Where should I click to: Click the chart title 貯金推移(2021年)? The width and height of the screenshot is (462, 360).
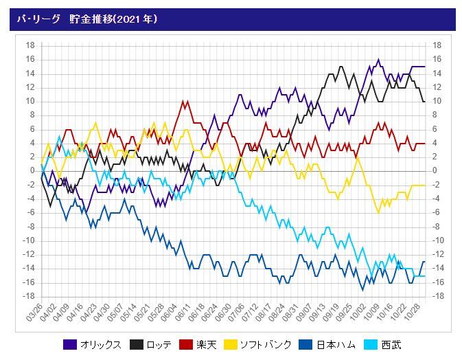pyautogui.click(x=113, y=19)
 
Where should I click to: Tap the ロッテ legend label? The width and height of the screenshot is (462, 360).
pyautogui.click(x=159, y=344)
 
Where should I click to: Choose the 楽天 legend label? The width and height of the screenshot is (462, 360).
pyautogui.click(x=207, y=344)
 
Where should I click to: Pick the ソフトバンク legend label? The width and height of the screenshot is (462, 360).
pyautogui.click(x=264, y=344)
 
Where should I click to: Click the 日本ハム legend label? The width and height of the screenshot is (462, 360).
pyautogui.click(x=335, y=344)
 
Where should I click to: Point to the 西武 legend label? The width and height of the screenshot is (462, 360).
pyautogui.click(x=391, y=344)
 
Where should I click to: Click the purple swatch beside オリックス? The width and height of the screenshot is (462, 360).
pyautogui.click(x=70, y=344)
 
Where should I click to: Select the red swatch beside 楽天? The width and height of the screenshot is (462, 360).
pyautogui.click(x=186, y=344)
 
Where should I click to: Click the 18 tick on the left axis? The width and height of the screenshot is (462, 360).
pyautogui.click(x=30, y=45)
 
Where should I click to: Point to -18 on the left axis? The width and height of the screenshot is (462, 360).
pyautogui.click(x=29, y=296)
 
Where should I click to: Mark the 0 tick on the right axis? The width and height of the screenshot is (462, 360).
pyautogui.click(x=435, y=170)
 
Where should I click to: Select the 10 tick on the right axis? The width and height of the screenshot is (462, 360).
pyautogui.click(x=437, y=101)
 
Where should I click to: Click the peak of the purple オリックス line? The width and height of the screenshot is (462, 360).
pyautogui.click(x=378, y=60)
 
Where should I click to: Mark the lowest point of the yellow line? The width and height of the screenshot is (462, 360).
pyautogui.click(x=378, y=212)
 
